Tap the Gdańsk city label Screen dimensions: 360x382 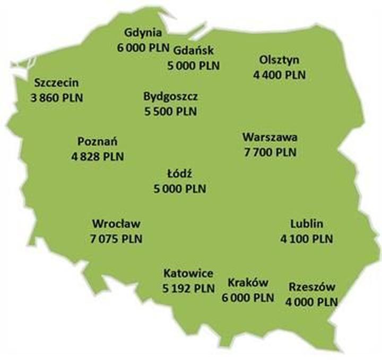(x=193, y=51)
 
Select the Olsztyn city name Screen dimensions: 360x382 (x=280, y=59)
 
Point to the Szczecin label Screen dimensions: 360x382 (x=57, y=83)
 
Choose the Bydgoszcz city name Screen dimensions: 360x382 (x=170, y=97)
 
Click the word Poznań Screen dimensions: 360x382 (x=97, y=142)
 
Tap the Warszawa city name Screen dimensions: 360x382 (x=270, y=138)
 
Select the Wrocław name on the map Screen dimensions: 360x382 (x=116, y=224)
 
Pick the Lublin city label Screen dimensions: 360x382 (x=307, y=224)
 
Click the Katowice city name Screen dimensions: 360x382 (x=188, y=274)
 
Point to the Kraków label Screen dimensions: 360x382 (x=248, y=283)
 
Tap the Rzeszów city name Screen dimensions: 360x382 (x=312, y=287)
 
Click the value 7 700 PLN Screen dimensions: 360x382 (x=270, y=152)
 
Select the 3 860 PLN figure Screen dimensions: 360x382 (x=57, y=98)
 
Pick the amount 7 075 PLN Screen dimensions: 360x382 (x=116, y=239)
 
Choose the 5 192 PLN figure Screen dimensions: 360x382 (x=188, y=289)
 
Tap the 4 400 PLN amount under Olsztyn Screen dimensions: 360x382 (x=280, y=75)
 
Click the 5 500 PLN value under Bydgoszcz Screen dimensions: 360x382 (x=170, y=112)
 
